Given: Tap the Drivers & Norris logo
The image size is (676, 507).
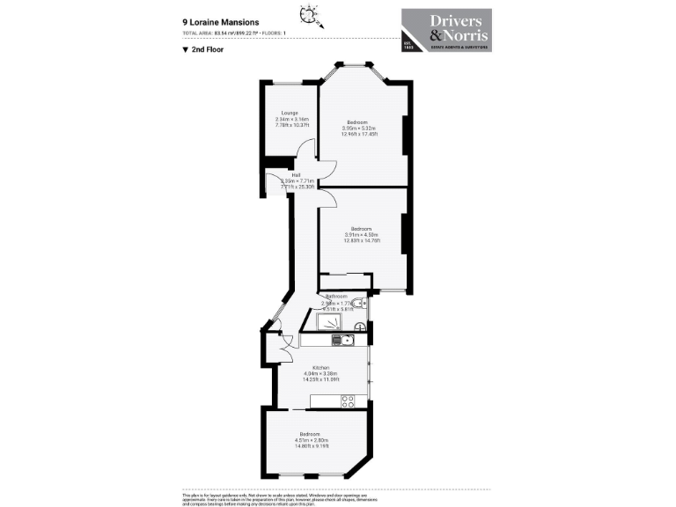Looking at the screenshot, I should (446, 31).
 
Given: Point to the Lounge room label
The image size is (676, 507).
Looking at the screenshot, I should (289, 113).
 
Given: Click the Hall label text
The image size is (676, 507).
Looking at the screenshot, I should (284, 174).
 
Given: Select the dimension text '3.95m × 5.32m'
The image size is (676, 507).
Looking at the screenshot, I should (359, 128).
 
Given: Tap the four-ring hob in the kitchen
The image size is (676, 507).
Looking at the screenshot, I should (348, 400).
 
